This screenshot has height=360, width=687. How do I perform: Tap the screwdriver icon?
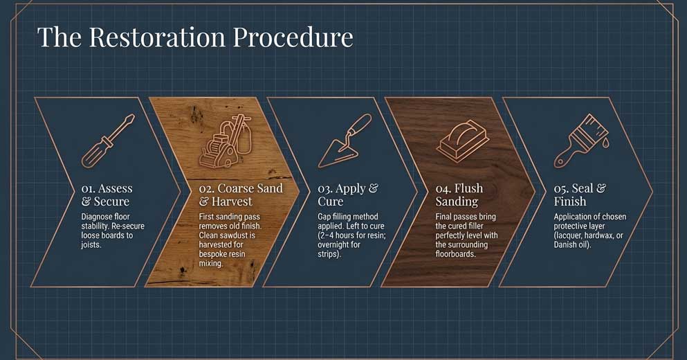[x=108, y=141]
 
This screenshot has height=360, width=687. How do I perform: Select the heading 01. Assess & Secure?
[x=107, y=195]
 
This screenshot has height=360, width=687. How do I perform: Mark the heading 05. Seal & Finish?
[x=580, y=195]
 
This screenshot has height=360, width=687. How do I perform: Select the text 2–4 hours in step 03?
[x=339, y=235]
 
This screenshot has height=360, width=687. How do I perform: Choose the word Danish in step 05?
[x=569, y=244]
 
